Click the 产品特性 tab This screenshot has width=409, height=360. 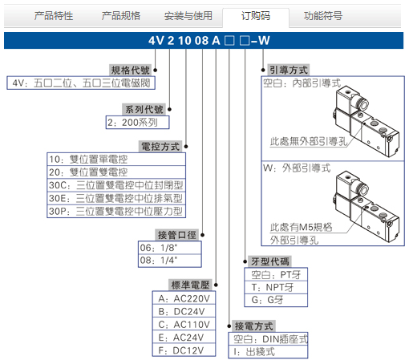(54, 16)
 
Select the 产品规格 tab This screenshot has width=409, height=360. (121, 16)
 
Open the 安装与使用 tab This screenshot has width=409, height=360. (188, 16)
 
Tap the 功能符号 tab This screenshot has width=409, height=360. (323, 16)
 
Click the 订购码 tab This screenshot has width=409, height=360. (256, 16)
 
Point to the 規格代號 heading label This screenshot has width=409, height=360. (130, 71)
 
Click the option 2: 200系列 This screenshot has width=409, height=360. (138, 123)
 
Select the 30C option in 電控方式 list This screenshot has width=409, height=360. (116, 185)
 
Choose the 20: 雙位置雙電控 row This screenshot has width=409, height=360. (116, 172)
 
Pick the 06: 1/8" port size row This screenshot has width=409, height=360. (170, 248)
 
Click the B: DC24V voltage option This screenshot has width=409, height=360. (184, 312)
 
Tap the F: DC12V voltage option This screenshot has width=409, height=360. (184, 350)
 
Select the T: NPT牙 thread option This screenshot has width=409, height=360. (276, 287)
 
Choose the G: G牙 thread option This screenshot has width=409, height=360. (276, 300)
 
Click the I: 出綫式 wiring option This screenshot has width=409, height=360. (268, 352)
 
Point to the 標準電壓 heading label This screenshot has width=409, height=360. (190, 285)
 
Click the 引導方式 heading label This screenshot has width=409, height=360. (289, 71)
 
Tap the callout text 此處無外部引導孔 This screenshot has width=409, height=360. (309, 141)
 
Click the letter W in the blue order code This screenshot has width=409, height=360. (264, 41)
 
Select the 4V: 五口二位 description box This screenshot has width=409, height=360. (81, 83)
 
